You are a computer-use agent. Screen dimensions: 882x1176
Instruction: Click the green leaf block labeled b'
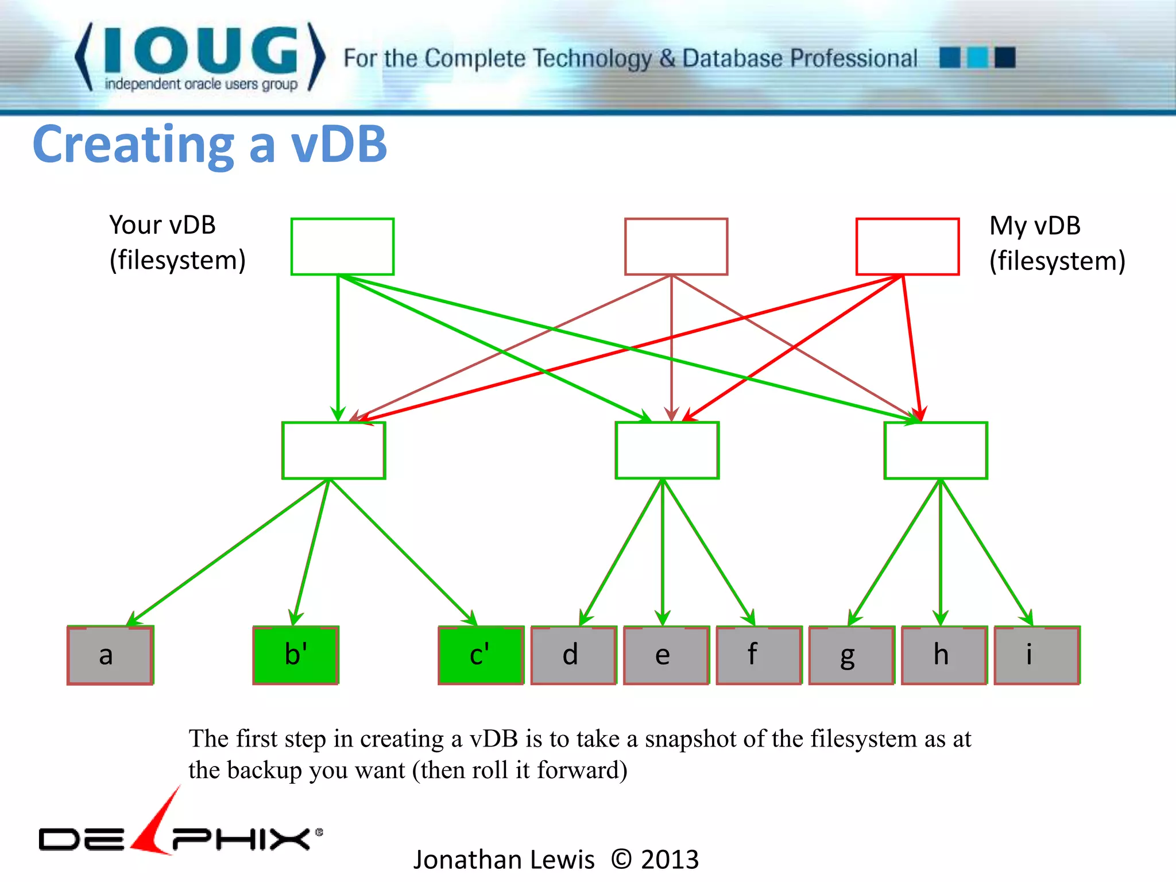click(296, 655)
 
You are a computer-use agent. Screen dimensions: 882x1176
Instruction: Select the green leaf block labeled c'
click(481, 655)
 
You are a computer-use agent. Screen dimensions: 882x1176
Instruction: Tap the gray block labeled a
click(110, 655)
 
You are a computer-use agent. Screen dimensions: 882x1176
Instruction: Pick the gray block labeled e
click(666, 655)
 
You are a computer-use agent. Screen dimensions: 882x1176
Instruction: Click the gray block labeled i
click(1037, 655)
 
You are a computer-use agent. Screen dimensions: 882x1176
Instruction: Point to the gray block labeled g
click(852, 655)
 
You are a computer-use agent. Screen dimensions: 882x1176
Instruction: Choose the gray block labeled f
click(759, 655)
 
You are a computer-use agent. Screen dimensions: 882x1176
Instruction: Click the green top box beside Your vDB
click(342, 246)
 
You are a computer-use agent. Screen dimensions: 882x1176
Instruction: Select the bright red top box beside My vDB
click(907, 246)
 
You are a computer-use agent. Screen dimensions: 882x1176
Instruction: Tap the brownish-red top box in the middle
click(676, 246)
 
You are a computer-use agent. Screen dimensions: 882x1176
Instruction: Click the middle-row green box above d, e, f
click(667, 450)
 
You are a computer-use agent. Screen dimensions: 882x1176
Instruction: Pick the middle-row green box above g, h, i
click(935, 450)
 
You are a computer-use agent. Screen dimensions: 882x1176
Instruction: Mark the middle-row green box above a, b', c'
click(334, 450)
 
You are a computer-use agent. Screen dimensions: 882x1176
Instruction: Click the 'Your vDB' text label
click(163, 225)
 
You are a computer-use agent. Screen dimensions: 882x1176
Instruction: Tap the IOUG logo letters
click(201, 51)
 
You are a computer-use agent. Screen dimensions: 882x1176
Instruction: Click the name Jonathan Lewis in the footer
click(504, 860)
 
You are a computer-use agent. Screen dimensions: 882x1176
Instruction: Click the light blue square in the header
click(977, 57)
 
